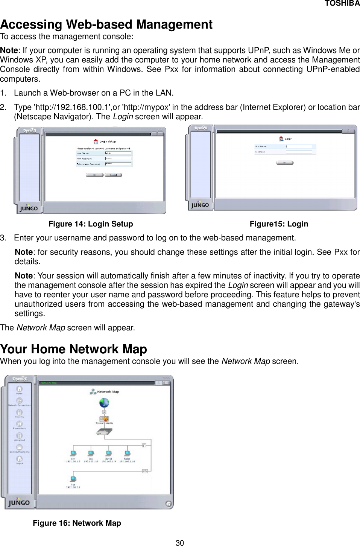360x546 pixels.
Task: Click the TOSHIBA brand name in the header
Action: (x=342, y=4)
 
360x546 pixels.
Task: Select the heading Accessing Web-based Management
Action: (x=106, y=24)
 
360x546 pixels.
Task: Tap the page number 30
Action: (x=180, y=543)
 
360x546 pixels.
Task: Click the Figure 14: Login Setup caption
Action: (x=91, y=224)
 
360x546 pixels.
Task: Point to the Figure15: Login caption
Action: (x=279, y=224)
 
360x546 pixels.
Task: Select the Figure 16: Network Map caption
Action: (x=77, y=523)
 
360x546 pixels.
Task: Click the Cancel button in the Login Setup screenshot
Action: (x=113, y=175)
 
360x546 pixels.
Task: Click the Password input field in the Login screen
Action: (x=299, y=152)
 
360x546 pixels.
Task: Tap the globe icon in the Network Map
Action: (x=104, y=403)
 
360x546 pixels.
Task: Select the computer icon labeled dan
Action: (x=73, y=453)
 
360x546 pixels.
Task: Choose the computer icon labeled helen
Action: (x=127, y=453)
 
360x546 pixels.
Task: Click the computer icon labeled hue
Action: (x=73, y=479)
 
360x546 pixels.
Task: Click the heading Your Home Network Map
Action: (x=74, y=349)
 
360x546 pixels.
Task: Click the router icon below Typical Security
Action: (x=104, y=433)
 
